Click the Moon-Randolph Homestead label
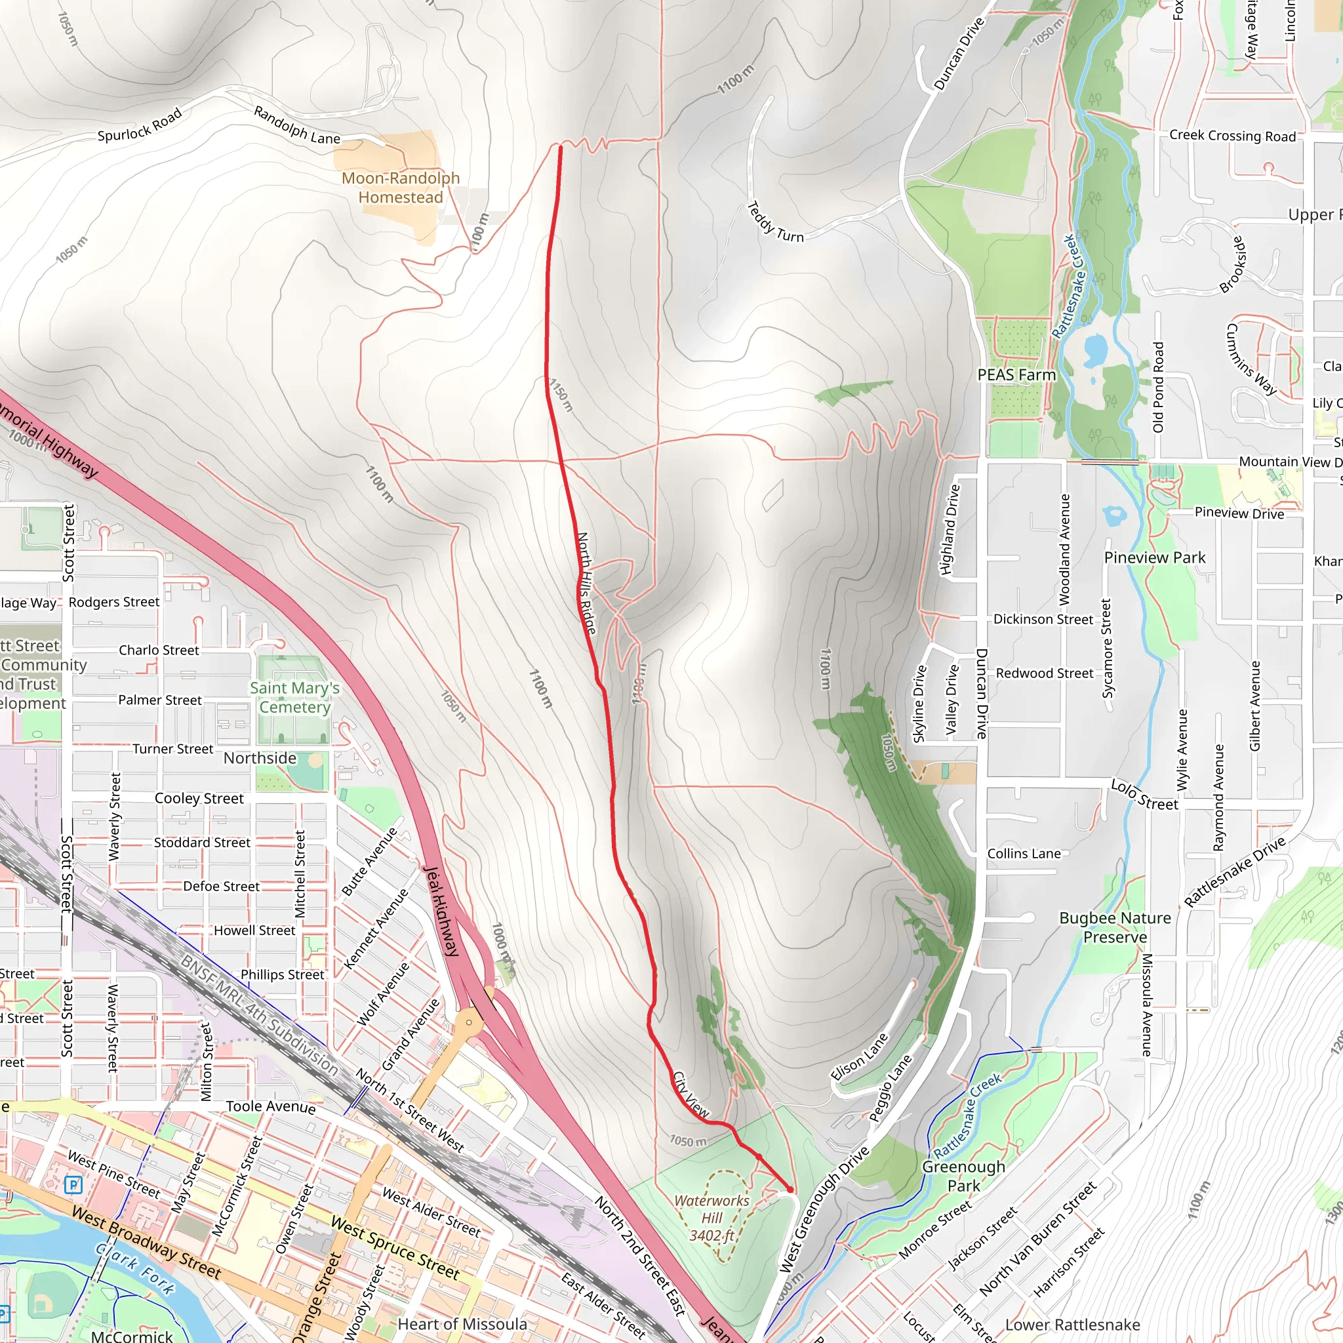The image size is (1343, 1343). click(x=401, y=188)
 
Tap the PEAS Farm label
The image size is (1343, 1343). click(x=1016, y=375)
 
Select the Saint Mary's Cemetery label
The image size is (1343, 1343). click(x=294, y=697)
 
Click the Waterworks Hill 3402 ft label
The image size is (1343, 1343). click(x=712, y=1218)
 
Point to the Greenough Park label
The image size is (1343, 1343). click(x=963, y=1176)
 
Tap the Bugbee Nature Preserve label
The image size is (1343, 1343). click(x=1115, y=927)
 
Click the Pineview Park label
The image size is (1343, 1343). click(x=1155, y=557)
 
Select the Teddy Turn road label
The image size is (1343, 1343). click(x=774, y=222)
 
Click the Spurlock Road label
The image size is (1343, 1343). click(x=140, y=125)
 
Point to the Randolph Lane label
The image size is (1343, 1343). click(x=297, y=125)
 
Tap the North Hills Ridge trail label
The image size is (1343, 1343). click(x=586, y=582)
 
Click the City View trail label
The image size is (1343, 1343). click(x=691, y=1095)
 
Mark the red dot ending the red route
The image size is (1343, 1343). click(x=790, y=1190)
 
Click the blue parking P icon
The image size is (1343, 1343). click(x=73, y=1184)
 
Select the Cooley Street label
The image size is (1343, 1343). click(x=199, y=799)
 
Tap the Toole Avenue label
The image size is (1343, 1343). click(x=270, y=1106)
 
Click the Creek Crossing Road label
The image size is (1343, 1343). click(x=1232, y=136)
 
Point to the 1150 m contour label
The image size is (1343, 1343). click(x=561, y=395)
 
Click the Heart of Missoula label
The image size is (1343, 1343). click(x=462, y=1324)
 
